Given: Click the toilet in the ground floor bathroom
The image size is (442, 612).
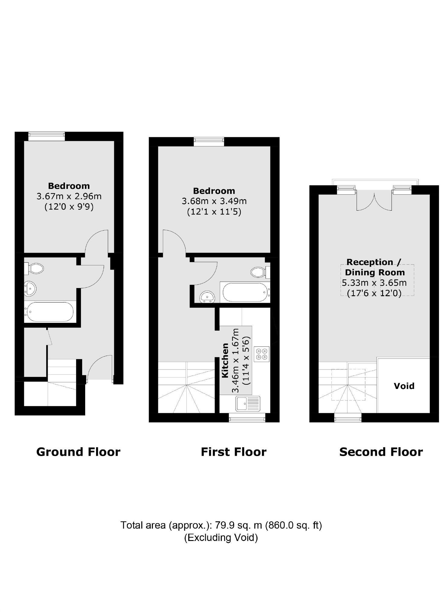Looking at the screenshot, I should [x=35, y=268].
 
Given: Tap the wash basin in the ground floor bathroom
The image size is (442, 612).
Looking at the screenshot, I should [x=30, y=289].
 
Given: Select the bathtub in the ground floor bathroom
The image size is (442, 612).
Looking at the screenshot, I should [x=50, y=312].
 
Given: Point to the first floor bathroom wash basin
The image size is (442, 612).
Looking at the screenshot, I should [x=207, y=296].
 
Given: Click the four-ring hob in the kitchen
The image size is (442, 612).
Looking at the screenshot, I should [x=262, y=354].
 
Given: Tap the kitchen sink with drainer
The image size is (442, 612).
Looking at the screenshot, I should [x=248, y=403].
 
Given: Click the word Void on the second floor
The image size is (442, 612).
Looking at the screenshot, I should [x=404, y=386].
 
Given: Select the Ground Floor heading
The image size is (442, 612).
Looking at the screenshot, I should [x=78, y=452].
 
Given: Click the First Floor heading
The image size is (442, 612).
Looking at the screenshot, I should [x=234, y=452].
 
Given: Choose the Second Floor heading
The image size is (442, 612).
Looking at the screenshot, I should [x=381, y=452].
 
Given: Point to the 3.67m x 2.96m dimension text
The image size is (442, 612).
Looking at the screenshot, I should [x=69, y=196].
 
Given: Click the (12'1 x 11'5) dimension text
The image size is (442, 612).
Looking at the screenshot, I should [x=214, y=212].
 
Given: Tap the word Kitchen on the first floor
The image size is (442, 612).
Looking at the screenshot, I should [x=225, y=360].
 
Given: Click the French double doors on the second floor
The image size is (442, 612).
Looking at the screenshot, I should [x=374, y=200].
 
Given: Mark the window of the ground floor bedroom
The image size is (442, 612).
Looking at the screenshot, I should [x=47, y=136].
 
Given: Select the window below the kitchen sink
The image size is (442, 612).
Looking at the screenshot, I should [x=247, y=419].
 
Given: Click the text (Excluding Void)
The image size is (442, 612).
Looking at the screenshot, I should [x=221, y=538].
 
